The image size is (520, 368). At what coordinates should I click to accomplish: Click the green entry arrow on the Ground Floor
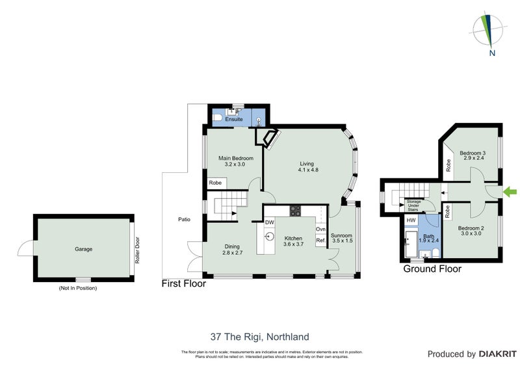511,191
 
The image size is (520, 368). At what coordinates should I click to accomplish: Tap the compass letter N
492,53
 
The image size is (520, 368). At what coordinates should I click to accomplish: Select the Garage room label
83,249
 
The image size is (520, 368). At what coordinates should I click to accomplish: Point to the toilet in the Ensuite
219,119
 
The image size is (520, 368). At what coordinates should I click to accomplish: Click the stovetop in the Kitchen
294,211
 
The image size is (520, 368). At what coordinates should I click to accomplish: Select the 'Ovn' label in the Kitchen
320,229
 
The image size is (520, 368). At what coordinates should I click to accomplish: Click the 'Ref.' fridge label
320,241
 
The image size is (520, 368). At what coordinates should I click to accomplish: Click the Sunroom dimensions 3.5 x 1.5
342,241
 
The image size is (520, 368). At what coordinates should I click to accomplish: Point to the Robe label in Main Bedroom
215,183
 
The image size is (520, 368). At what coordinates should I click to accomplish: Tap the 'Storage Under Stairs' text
414,206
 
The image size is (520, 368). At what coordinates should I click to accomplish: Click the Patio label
185,219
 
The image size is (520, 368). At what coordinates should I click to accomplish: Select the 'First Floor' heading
184,283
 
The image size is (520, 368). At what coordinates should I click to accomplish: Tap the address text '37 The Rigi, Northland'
259,337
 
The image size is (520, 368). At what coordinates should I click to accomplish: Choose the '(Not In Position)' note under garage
77,287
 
